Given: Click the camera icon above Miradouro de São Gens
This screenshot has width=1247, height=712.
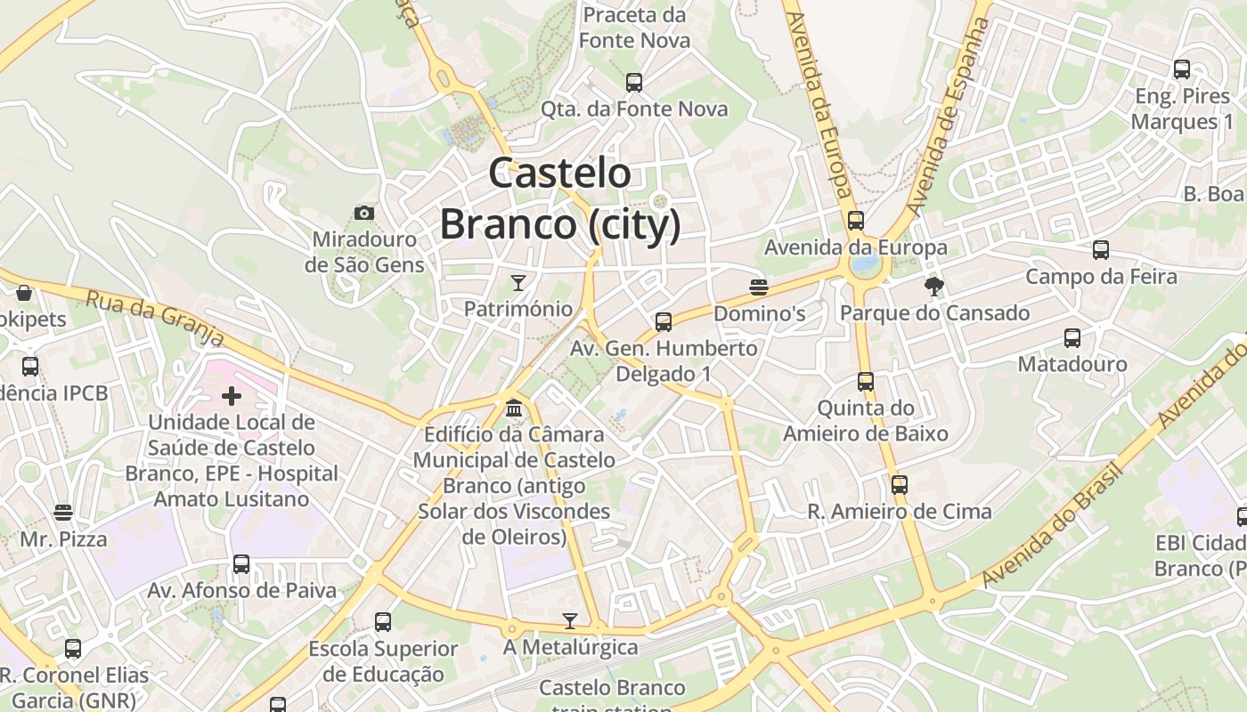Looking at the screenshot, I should tap(363, 213).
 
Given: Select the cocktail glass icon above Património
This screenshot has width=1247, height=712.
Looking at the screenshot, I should tap(518, 283).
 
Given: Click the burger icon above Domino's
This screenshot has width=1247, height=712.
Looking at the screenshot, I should tap(759, 287).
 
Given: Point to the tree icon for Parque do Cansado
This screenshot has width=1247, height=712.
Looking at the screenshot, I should tap(933, 286).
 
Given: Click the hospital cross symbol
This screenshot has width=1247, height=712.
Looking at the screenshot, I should tap(232, 396).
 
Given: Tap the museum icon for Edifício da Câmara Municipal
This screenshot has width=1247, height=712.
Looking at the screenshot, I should tap(514, 409).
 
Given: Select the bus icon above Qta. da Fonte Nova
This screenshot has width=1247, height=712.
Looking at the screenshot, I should tap(634, 83).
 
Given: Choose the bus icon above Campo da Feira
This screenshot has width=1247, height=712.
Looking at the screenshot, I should tap(1101, 250).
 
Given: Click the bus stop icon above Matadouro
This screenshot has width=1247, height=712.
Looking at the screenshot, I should tap(1072, 338).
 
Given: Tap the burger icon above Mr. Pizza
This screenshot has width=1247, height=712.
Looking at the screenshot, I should tap(62, 513).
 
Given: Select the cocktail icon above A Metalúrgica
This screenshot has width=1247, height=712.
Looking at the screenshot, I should tap(570, 620).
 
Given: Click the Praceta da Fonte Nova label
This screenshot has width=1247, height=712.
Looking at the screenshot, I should tap(634, 28).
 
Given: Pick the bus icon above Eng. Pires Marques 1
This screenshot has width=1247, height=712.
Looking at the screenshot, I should tap(1182, 69).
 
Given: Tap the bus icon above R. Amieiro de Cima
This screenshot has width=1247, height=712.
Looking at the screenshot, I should tap(900, 485).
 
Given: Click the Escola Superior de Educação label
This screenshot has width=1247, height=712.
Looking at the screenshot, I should tap(383, 661).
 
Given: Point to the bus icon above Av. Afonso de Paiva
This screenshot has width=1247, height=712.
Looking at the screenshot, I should tap(241, 563).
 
